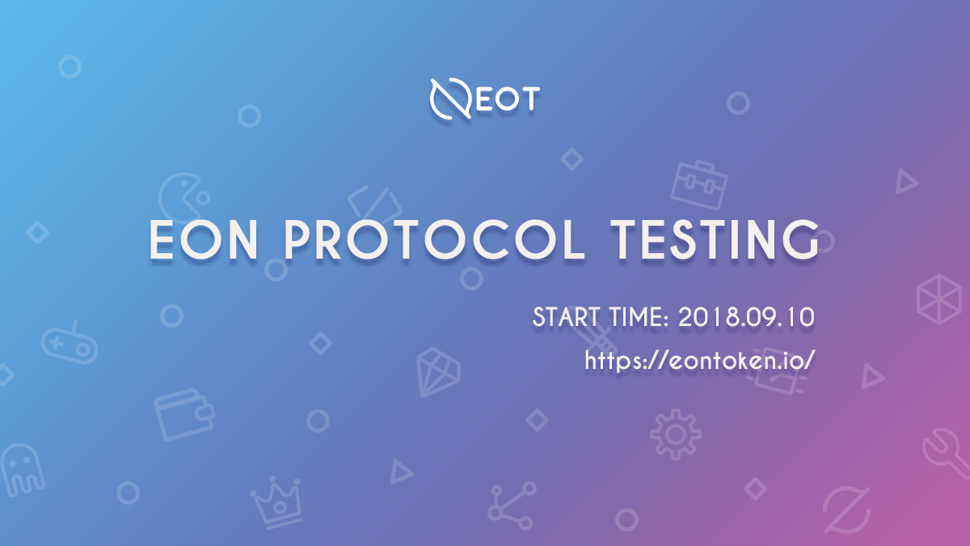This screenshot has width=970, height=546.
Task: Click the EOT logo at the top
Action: coord(484,99)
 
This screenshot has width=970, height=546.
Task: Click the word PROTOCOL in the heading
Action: coord(434,239)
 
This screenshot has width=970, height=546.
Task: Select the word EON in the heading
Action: coord(204,239)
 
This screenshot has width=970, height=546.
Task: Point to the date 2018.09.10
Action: coord(746,317)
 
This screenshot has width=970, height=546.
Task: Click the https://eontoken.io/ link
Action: coord(700,360)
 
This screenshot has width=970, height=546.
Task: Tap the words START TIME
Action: coord(601,317)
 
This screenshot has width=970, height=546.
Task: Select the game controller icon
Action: coord(70,344)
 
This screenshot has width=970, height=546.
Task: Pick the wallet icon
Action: coord(184,414)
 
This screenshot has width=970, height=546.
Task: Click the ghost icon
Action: coord(23,470)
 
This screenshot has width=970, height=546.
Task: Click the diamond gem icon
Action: coord(438,372)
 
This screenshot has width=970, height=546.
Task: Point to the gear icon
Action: coord(676,434)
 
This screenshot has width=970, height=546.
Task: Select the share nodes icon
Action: coord(512,506)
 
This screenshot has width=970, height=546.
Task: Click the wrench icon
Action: coord(947,454)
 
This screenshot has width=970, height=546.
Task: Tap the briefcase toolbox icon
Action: coord(699,185)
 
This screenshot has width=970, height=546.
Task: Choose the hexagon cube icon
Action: coord(938,299)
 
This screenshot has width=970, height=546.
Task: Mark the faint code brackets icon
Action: coord(375,204)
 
